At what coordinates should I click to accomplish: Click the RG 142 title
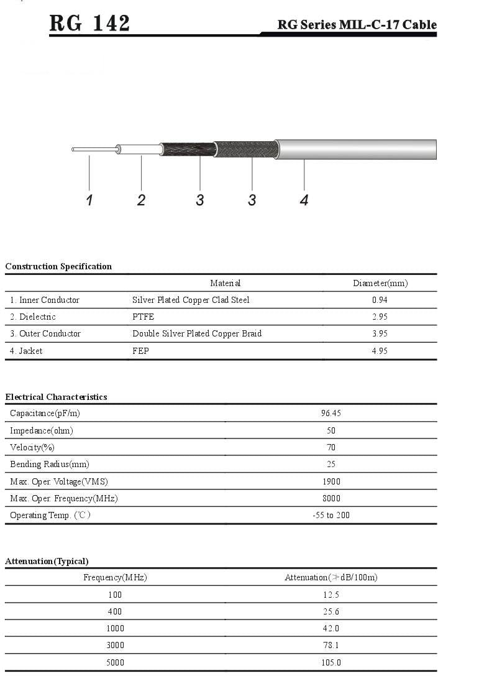[x=90, y=23]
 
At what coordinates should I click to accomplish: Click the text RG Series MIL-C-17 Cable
[x=357, y=25]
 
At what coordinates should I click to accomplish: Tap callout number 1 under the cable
[x=89, y=200]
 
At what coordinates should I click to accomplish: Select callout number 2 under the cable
[x=142, y=200]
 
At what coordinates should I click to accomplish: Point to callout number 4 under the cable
[x=304, y=200]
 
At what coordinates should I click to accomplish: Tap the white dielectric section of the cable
[x=140, y=149]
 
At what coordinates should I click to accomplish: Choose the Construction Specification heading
[x=58, y=266]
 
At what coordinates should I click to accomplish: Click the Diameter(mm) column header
[x=380, y=283]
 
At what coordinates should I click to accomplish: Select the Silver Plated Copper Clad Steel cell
[x=191, y=300]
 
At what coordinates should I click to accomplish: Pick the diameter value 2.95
[x=380, y=317]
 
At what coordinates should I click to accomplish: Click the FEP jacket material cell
[x=140, y=351]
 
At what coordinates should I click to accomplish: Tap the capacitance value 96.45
[x=331, y=413]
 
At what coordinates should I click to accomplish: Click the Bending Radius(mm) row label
[x=50, y=464]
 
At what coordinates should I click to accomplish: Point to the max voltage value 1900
[x=331, y=481]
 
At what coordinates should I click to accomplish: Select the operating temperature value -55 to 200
[x=331, y=515]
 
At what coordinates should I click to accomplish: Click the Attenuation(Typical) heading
[x=47, y=561]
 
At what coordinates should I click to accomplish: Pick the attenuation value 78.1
[x=331, y=645]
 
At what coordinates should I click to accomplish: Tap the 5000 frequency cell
[x=115, y=662]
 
